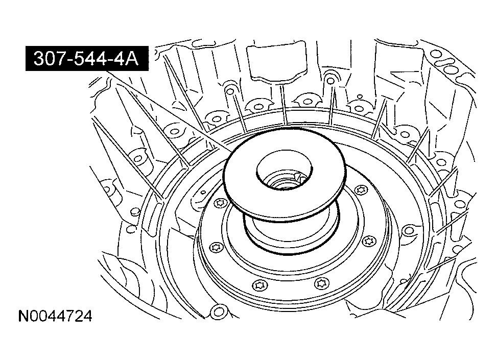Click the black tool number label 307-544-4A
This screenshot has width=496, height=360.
click(x=87, y=59)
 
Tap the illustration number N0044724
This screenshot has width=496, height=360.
click(x=55, y=316)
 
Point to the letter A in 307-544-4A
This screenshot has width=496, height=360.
click(x=132, y=59)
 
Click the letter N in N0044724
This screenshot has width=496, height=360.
click(x=23, y=316)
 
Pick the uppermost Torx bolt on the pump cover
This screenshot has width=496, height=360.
click(x=361, y=190)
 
